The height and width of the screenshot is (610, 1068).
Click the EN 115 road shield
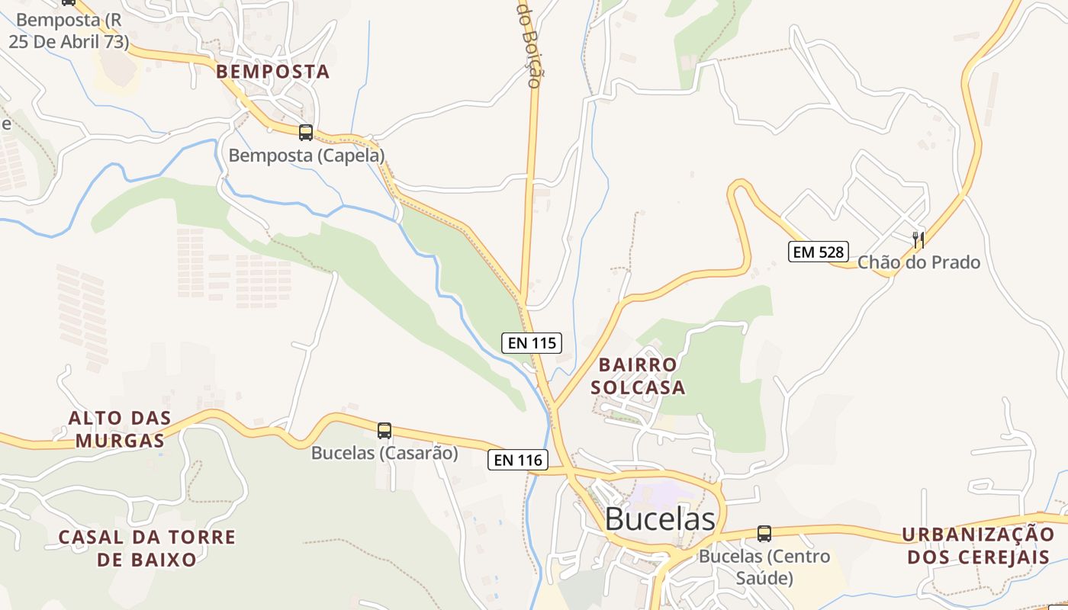pyautogui.click(x=532, y=343)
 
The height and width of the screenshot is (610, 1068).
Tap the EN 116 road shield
pyautogui.click(x=518, y=460)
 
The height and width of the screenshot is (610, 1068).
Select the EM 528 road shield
pyautogui.click(x=818, y=252)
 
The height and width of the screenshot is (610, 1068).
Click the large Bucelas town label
pyautogui.click(x=660, y=519)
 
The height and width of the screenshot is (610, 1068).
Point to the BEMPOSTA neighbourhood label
pyautogui.click(x=273, y=72)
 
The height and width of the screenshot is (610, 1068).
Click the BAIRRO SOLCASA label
pyautogui.click(x=638, y=376)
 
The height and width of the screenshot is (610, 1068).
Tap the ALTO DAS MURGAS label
pyautogui.click(x=120, y=429)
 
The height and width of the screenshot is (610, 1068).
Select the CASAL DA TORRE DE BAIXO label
pyautogui.click(x=147, y=548)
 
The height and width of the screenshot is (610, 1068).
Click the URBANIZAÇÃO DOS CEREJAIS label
pyautogui.click(x=978, y=545)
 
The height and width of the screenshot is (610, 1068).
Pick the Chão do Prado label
pyautogui.click(x=918, y=262)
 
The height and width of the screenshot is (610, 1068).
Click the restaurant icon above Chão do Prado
pyautogui.click(x=918, y=239)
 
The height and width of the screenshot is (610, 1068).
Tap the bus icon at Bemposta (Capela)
pyautogui.click(x=306, y=133)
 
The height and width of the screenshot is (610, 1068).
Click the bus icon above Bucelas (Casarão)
pyautogui.click(x=384, y=431)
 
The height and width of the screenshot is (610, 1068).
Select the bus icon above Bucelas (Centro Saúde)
pyautogui.click(x=764, y=534)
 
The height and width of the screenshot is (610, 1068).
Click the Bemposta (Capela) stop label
pyautogui.click(x=307, y=156)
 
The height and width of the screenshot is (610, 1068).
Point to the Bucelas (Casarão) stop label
pyautogui.click(x=384, y=453)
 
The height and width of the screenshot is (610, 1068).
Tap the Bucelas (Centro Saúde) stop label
pyautogui.click(x=764, y=567)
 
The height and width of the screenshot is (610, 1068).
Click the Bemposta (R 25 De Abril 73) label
pyautogui.click(x=69, y=30)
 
